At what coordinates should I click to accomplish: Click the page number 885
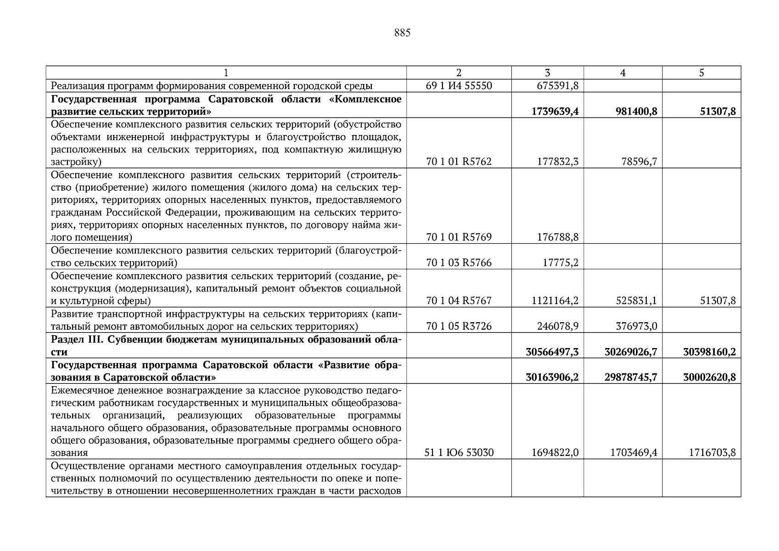click(x=402, y=33)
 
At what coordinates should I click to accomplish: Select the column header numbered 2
click(x=459, y=73)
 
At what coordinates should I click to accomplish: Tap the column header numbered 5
click(x=701, y=73)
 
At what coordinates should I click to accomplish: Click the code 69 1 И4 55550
click(x=459, y=86)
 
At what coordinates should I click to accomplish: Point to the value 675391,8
click(x=557, y=86)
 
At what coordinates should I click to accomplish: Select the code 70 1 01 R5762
click(x=459, y=162)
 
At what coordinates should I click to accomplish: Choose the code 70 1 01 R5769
click(x=459, y=237)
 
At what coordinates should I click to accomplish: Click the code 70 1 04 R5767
click(x=459, y=301)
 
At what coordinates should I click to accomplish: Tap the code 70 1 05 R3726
click(x=459, y=326)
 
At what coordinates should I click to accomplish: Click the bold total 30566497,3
click(x=552, y=352)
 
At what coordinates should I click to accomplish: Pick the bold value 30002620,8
click(x=709, y=377)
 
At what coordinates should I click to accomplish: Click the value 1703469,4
click(x=633, y=453)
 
